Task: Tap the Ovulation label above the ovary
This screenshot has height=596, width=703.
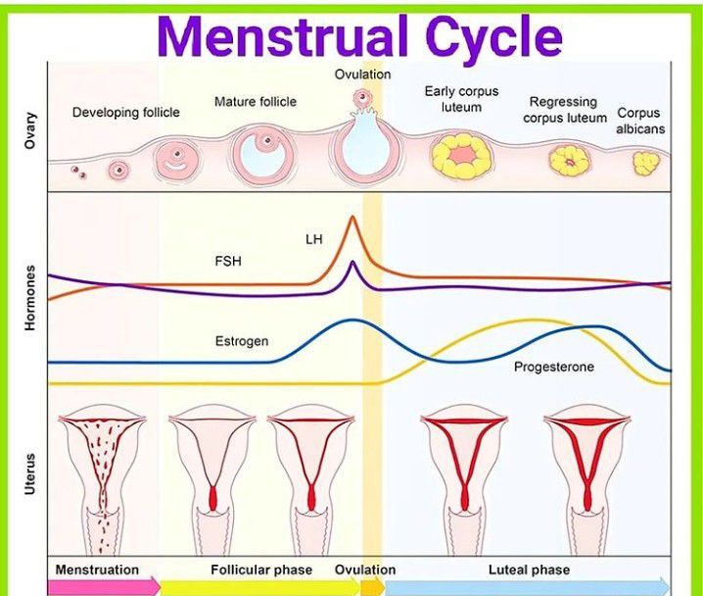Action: (x=362, y=74)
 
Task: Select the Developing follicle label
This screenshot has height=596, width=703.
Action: (x=126, y=113)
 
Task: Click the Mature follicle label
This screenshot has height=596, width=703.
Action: (x=256, y=102)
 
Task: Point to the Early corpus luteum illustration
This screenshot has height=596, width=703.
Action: (x=460, y=156)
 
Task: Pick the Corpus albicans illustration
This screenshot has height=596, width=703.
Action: (x=645, y=163)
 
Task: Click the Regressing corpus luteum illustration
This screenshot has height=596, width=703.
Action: (x=566, y=160)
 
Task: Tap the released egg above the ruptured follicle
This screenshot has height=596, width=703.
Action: (x=363, y=98)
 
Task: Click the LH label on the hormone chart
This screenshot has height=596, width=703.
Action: (x=313, y=239)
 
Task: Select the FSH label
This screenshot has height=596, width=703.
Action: (x=227, y=263)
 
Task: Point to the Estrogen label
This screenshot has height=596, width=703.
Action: (x=242, y=342)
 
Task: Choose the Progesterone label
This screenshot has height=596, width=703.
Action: (x=554, y=368)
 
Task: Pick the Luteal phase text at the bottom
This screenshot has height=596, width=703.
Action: (x=529, y=570)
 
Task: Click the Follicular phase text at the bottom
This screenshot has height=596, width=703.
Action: (x=261, y=570)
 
